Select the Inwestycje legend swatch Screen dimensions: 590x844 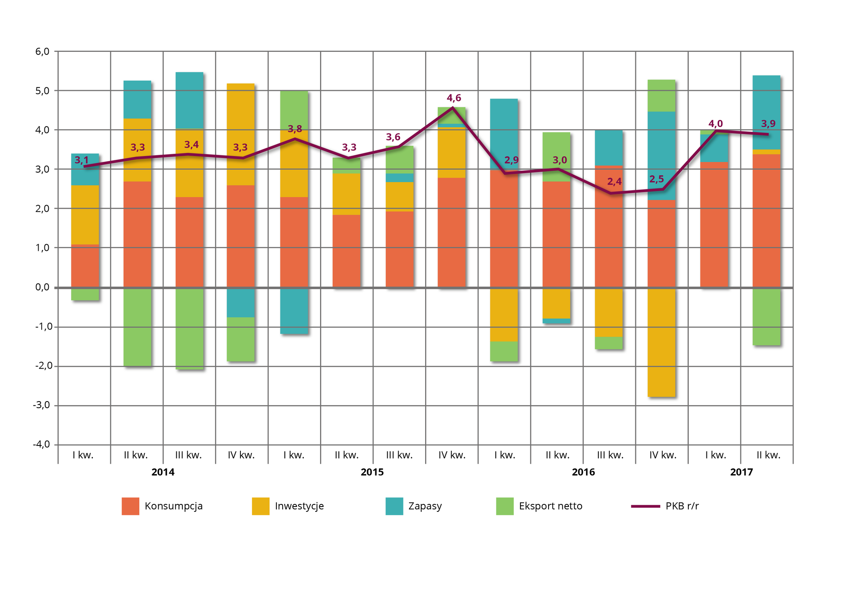point(260,506)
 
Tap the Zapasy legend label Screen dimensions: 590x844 point(425,506)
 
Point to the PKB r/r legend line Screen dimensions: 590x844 point(645,506)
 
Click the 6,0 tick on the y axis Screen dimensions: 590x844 point(42,51)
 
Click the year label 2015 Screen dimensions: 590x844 point(372,472)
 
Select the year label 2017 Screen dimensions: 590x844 point(741,472)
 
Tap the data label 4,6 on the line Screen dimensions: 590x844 point(454,98)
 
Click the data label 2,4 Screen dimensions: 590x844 point(614,181)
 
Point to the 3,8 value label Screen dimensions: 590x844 point(295,129)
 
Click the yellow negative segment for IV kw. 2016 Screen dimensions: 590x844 point(662,343)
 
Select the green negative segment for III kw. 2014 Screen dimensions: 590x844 point(189,329)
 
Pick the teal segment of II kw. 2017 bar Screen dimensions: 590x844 point(766,112)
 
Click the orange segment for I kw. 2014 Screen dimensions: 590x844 point(85,266)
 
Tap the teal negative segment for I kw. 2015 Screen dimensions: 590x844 point(294,311)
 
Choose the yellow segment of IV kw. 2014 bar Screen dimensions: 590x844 point(241,134)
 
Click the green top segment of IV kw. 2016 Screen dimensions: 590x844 point(662,95)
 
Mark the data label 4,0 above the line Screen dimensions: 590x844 point(715,124)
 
